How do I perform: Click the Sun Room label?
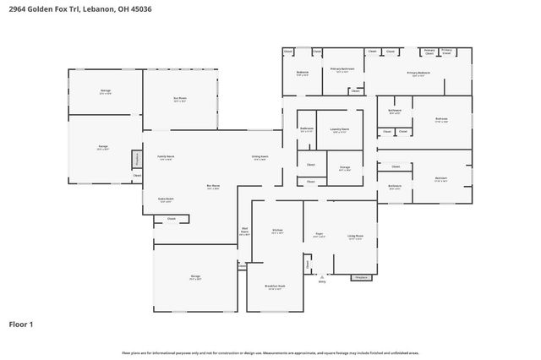[x=179, y=98]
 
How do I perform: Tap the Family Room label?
[x=166, y=157]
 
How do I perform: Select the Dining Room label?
[x=260, y=157]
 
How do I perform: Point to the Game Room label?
[x=166, y=200]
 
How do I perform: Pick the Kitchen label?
[x=276, y=231]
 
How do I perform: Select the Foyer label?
[x=319, y=236]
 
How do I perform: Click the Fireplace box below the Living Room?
[x=360, y=276]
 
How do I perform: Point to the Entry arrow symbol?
[x=321, y=275]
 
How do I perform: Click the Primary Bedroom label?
[x=418, y=74]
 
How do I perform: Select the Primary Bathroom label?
[x=342, y=70]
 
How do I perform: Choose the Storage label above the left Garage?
[x=106, y=90]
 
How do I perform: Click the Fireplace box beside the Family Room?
[x=136, y=159]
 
